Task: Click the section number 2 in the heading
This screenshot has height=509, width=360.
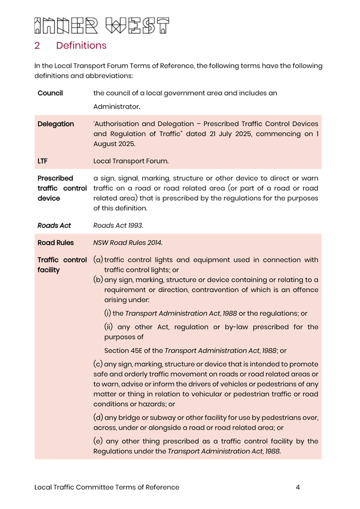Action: [37, 45]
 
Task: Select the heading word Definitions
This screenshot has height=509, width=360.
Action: [81, 45]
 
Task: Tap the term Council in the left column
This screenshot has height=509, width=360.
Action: [50, 93]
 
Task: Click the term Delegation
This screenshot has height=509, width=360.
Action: [55, 124]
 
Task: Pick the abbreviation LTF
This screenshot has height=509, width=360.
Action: [43, 161]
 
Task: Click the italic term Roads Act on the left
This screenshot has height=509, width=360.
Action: [54, 225]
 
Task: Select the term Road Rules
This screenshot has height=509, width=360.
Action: [55, 243]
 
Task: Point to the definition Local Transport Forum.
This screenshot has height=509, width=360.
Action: [131, 161]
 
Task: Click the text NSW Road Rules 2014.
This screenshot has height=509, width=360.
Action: [127, 243]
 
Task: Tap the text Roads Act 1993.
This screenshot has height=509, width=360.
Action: [118, 225]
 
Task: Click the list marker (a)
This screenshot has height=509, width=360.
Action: [98, 260]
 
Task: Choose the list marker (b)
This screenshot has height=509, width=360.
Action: [98, 280]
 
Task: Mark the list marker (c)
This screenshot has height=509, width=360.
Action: [98, 364]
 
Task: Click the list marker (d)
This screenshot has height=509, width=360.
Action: [98, 418]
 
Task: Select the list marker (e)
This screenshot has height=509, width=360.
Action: [98, 441]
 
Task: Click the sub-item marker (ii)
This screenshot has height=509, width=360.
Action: [109, 327]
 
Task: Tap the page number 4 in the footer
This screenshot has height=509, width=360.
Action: [298, 487]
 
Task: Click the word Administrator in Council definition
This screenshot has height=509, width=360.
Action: [116, 106]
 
